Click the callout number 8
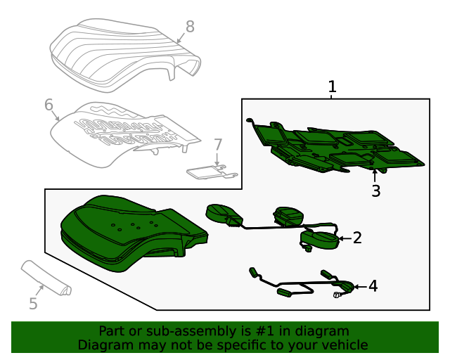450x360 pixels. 190,27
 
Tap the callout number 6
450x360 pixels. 49,105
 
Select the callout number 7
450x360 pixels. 218,145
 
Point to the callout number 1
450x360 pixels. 332,86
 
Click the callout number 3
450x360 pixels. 376,191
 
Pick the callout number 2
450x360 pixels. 357,238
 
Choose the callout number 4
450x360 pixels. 373,286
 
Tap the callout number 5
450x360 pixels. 33,304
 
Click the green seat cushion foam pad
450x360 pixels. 134,233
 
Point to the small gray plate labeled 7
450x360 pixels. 212,172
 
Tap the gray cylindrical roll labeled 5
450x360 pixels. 46,278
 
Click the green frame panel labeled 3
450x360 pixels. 336,146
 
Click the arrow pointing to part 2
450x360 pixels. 345,238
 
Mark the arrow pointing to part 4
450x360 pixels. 361,286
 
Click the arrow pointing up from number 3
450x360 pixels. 375,176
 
